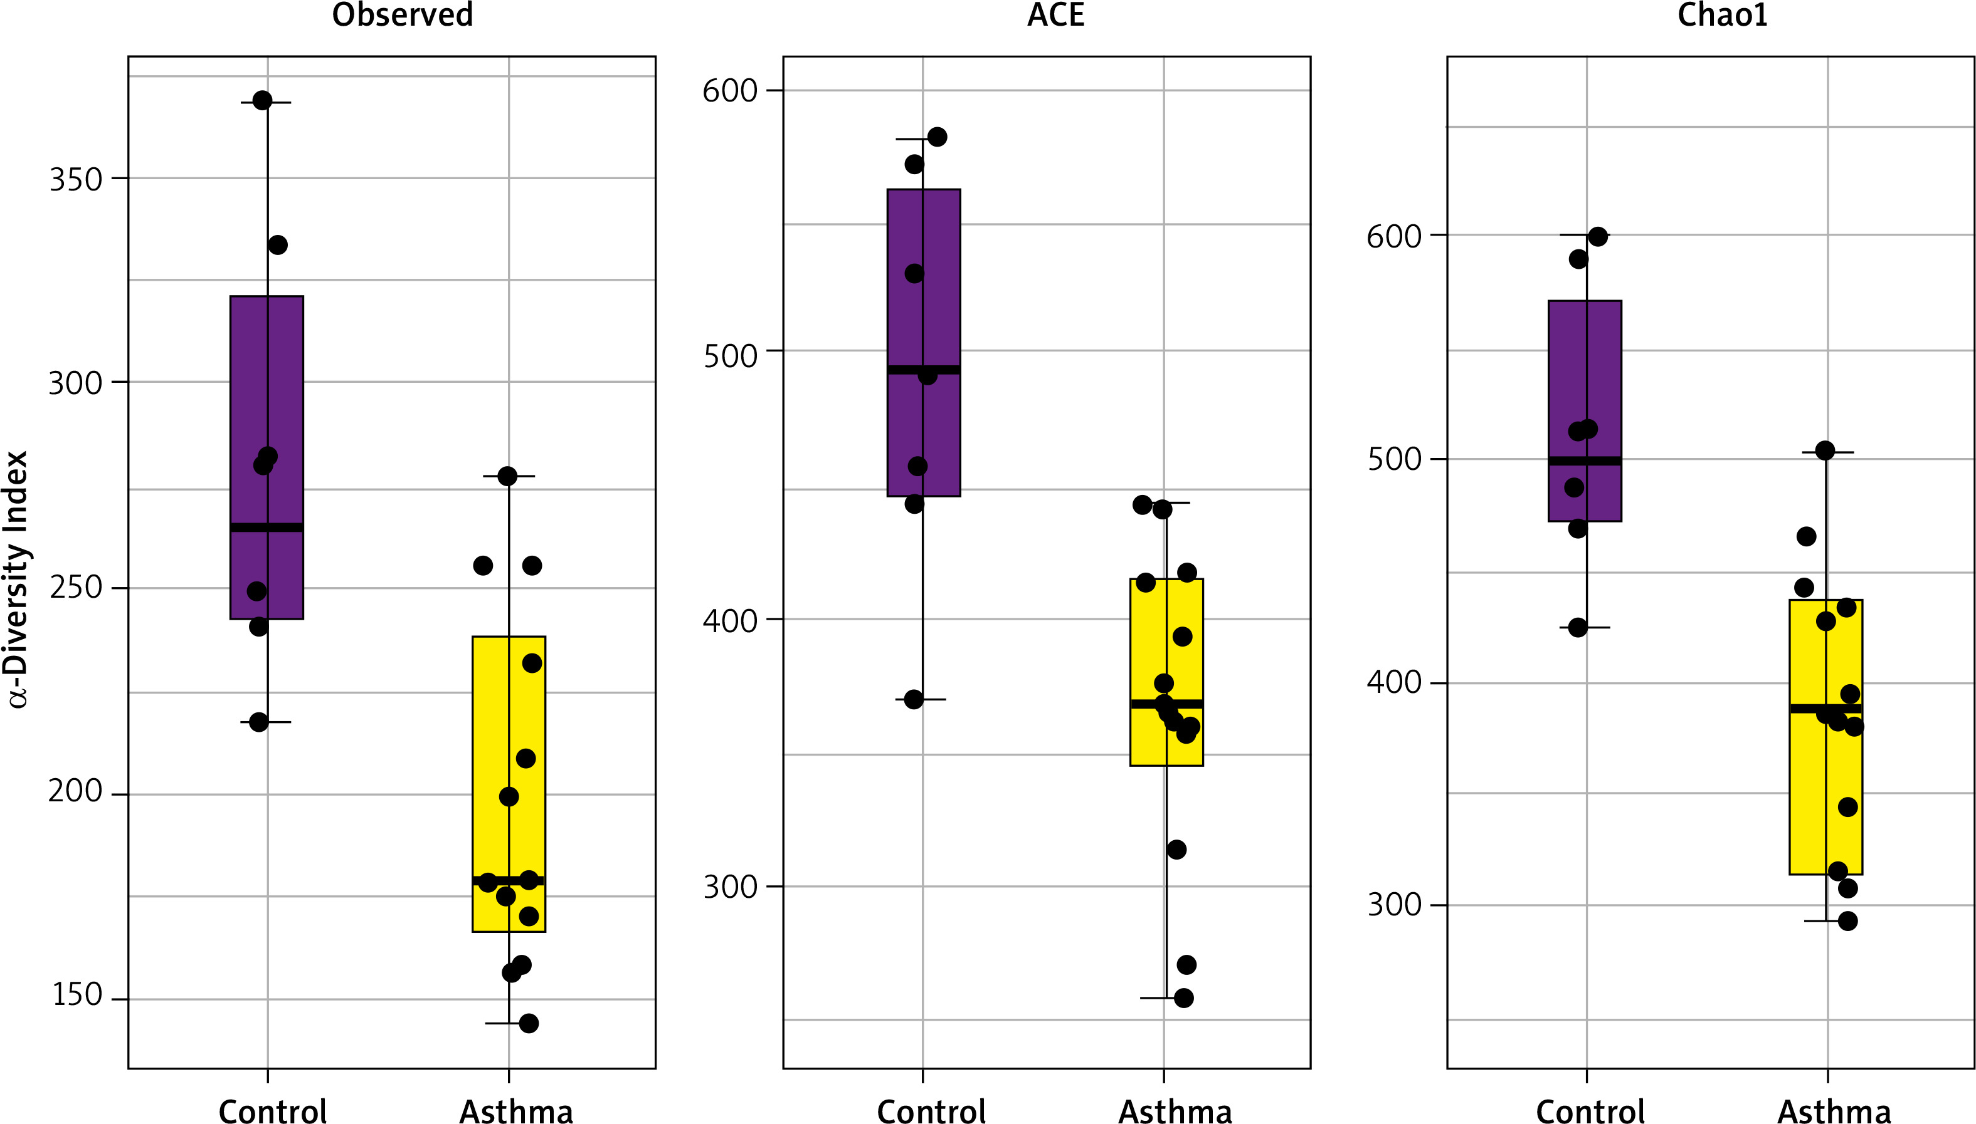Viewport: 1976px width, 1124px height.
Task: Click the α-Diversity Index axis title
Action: pyautogui.click(x=17, y=579)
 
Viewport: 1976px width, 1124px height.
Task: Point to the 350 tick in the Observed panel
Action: pyautogui.click(x=76, y=180)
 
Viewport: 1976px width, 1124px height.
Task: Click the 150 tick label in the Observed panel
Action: pyautogui.click(x=77, y=995)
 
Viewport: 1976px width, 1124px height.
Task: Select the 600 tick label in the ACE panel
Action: pyautogui.click(x=730, y=91)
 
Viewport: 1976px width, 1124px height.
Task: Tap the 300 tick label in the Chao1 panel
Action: pyautogui.click(x=1393, y=905)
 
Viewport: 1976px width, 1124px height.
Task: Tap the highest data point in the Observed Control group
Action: pyautogui.click(x=263, y=100)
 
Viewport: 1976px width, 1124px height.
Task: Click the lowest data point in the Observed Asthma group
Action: pyautogui.click(x=529, y=1024)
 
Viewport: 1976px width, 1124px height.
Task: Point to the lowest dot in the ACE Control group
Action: pyautogui.click(x=914, y=699)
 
